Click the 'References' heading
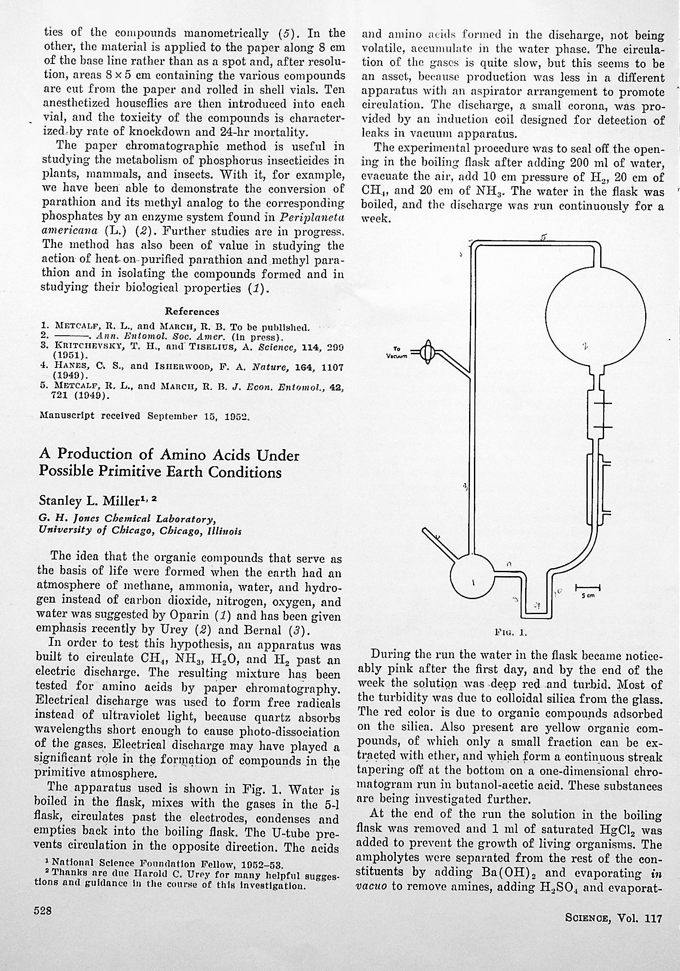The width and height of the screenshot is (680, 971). (192, 311)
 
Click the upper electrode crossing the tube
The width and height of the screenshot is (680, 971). (601, 402)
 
